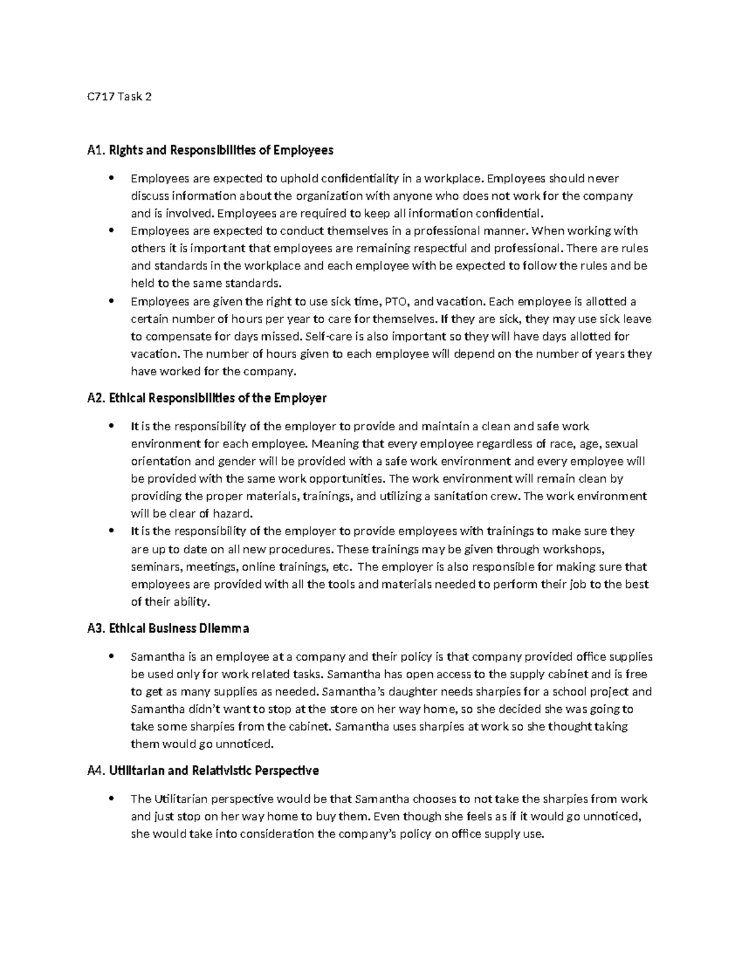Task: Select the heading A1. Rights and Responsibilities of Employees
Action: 210,150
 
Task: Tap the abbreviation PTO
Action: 396,302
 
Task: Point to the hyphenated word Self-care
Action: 331,337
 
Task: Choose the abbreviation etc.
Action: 341,567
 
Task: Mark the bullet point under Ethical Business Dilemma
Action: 111,656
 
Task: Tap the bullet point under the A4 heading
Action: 111,799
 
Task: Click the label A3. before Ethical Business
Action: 96,629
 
